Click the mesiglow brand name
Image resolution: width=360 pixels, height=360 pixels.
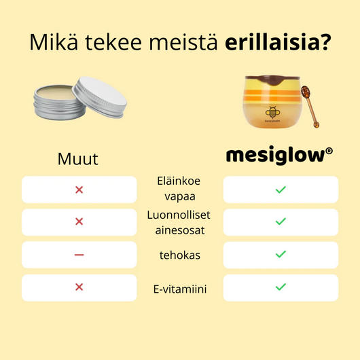point(274,156)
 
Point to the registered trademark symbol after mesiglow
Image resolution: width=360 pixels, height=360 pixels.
point(329,151)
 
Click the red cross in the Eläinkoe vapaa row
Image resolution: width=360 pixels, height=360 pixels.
point(79,190)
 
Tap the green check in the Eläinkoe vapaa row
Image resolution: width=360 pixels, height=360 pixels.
point(281,190)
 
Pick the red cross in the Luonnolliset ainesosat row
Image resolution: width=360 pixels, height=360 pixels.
point(79,221)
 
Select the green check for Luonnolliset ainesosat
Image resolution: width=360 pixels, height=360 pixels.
point(281,221)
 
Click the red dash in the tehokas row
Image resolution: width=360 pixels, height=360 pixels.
point(79,255)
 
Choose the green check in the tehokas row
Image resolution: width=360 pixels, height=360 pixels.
point(281,255)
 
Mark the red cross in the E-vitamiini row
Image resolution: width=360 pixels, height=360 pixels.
point(79,287)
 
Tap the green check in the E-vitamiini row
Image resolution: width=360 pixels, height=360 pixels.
point(281,287)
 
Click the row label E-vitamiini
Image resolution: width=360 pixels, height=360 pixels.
point(180,289)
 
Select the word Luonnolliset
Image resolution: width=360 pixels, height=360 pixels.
point(180,215)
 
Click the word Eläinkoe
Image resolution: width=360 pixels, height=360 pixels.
point(180,182)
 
